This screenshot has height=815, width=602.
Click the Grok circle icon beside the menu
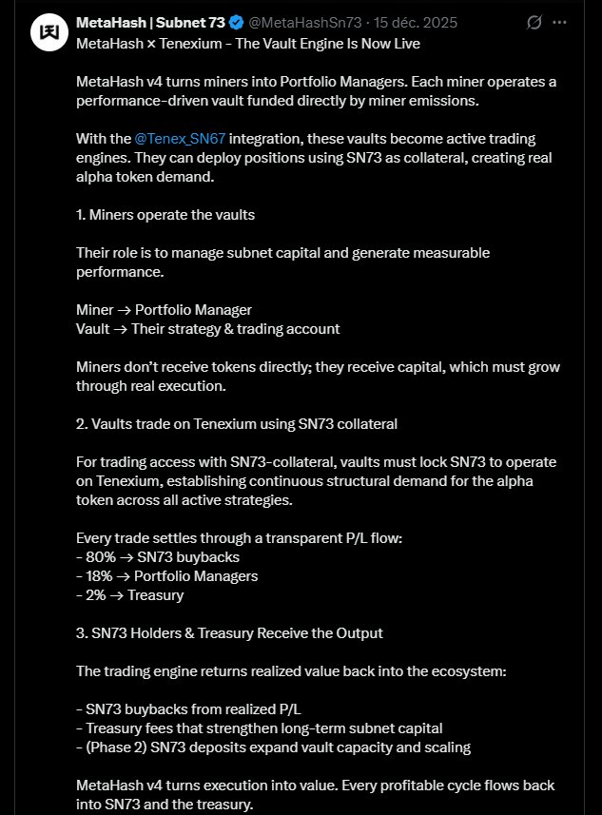[x=534, y=22]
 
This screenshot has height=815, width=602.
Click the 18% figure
[x=97, y=575]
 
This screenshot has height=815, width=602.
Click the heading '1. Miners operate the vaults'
[x=165, y=215]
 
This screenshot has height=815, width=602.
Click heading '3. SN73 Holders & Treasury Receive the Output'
[x=229, y=632]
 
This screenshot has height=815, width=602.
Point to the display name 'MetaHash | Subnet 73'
[x=149, y=22]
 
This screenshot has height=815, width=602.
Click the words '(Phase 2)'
[x=114, y=747]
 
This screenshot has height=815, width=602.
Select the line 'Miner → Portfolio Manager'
[x=165, y=309]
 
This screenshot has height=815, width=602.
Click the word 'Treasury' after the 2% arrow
[x=156, y=594]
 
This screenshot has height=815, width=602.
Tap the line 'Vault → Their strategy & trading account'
[x=207, y=328]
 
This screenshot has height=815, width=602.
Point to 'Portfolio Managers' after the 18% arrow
[x=196, y=575]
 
